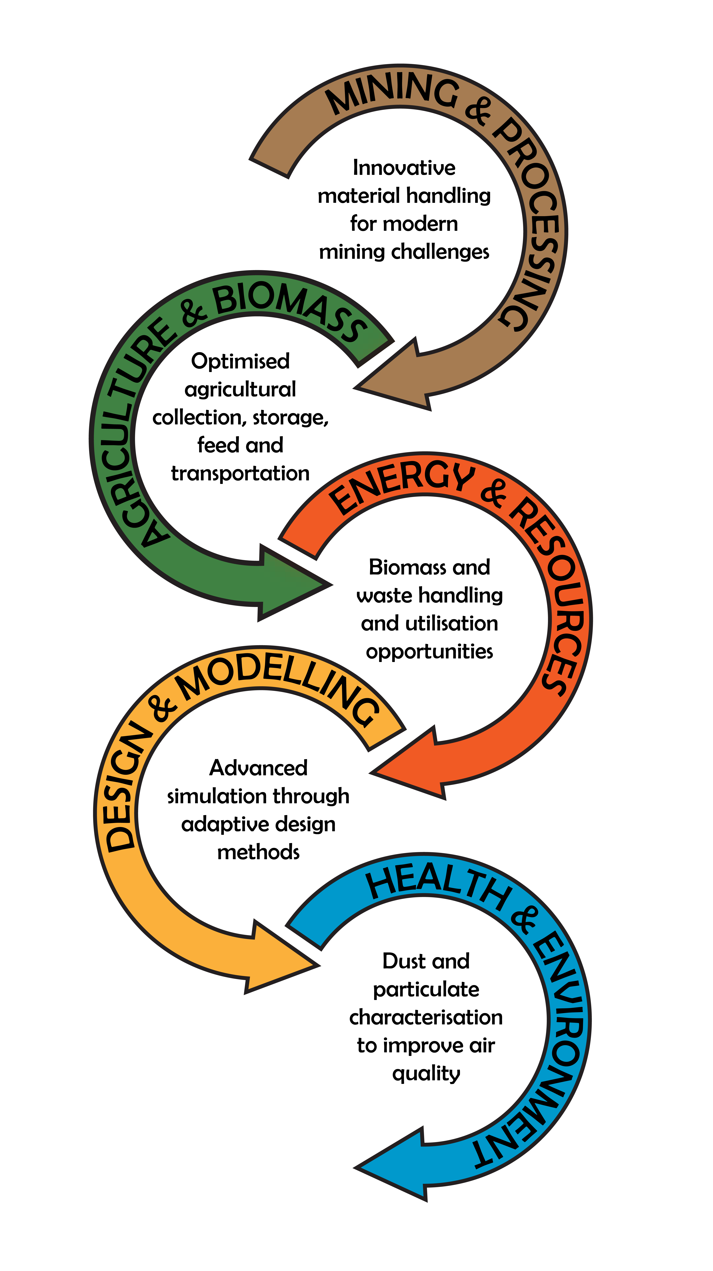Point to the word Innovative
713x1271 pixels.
tap(404, 168)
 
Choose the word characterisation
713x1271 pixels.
tap(426, 1017)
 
